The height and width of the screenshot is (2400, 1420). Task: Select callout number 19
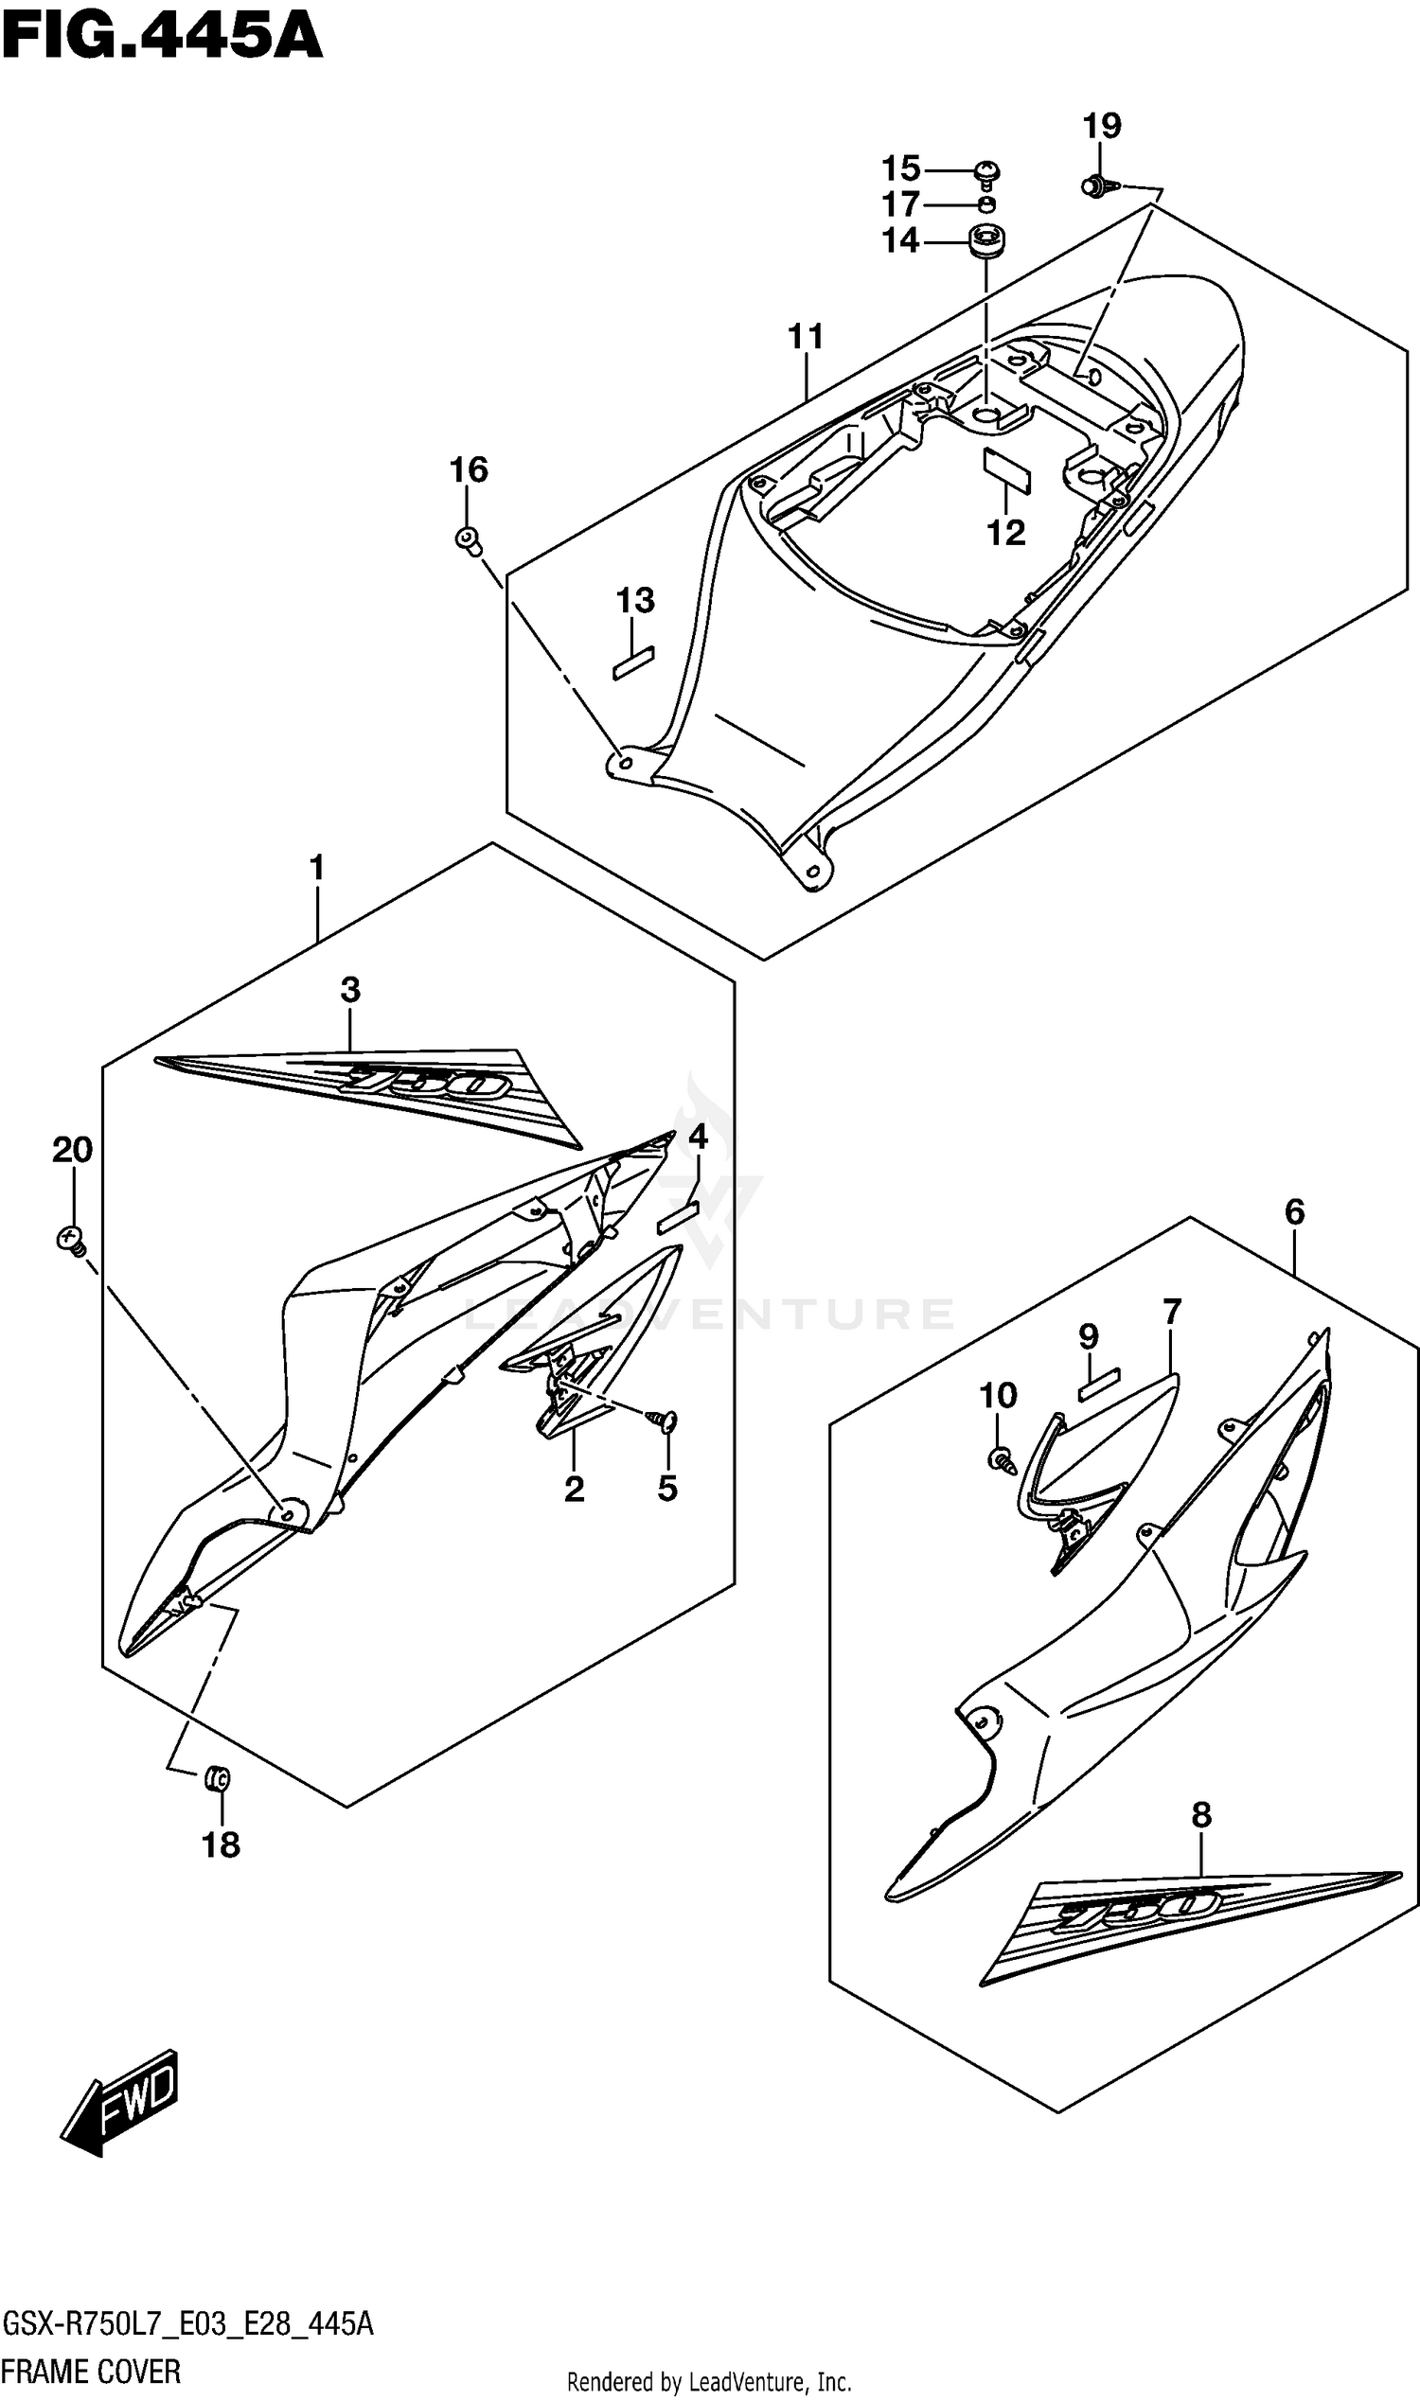1101,125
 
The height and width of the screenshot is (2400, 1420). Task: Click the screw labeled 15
986,173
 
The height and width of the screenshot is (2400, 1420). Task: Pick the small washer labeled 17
987,203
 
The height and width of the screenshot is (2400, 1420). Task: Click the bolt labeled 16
467,538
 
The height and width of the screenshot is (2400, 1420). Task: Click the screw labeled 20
70,1241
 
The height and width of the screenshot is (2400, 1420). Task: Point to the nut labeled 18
219,1780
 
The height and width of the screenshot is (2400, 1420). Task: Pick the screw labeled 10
1001,1459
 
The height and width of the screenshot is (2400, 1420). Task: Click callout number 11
806,337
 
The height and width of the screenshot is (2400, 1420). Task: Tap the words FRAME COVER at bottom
91,2372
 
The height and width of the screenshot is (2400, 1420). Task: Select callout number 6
1294,1212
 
